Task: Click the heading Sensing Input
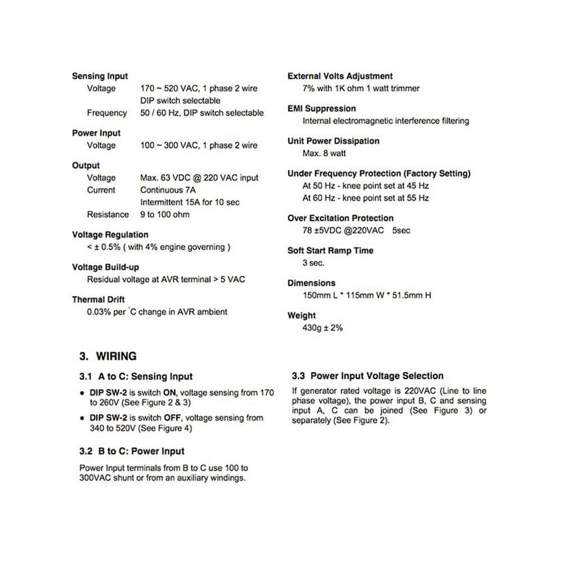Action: (x=100, y=76)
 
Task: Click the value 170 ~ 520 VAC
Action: (x=167, y=89)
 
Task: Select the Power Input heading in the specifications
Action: (x=96, y=133)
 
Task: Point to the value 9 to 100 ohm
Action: (x=165, y=214)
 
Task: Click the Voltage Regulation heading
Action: (x=110, y=235)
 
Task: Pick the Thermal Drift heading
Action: (x=98, y=299)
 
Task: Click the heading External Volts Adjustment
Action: (x=340, y=76)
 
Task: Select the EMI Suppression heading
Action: (x=321, y=108)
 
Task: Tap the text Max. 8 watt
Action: (x=324, y=153)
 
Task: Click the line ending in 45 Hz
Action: (x=365, y=186)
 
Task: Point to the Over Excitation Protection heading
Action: (x=341, y=218)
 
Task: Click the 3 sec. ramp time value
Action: (x=314, y=263)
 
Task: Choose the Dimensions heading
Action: (x=311, y=283)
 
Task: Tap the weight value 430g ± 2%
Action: (x=323, y=328)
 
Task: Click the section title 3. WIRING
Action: (x=108, y=356)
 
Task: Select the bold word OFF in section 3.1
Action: (x=171, y=418)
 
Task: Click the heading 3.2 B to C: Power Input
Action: (x=132, y=451)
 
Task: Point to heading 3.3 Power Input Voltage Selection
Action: (x=368, y=376)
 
